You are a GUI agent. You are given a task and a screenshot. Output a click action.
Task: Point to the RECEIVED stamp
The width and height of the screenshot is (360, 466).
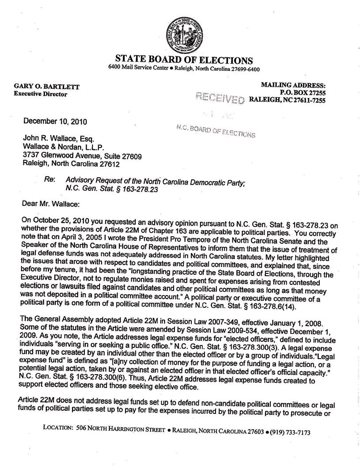[x=220, y=98]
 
